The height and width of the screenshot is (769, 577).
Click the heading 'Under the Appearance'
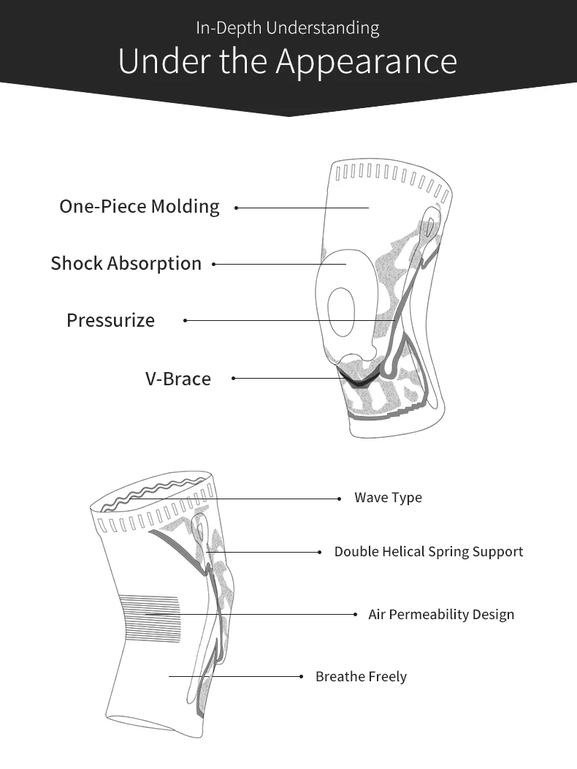287,61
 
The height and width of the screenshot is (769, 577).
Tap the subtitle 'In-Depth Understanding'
287,29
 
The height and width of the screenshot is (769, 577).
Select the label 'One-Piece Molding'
140,207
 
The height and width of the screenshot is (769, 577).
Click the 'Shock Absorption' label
126,264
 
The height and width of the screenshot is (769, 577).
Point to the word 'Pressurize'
110,320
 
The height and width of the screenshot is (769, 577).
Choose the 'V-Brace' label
177,379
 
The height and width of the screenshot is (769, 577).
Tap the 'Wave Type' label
388,498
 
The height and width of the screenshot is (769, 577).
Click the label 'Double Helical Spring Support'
429,552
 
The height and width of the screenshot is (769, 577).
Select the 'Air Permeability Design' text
441,615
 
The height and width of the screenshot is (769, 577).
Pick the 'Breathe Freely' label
361,677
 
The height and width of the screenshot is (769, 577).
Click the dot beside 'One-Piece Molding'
236,208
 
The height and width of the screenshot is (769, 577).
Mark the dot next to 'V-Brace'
234,378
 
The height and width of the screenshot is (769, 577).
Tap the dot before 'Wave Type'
339,499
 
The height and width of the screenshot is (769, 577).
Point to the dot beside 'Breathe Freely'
301,677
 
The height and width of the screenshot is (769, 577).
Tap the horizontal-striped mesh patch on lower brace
150,618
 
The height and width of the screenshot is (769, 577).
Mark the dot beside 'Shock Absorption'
214,264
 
